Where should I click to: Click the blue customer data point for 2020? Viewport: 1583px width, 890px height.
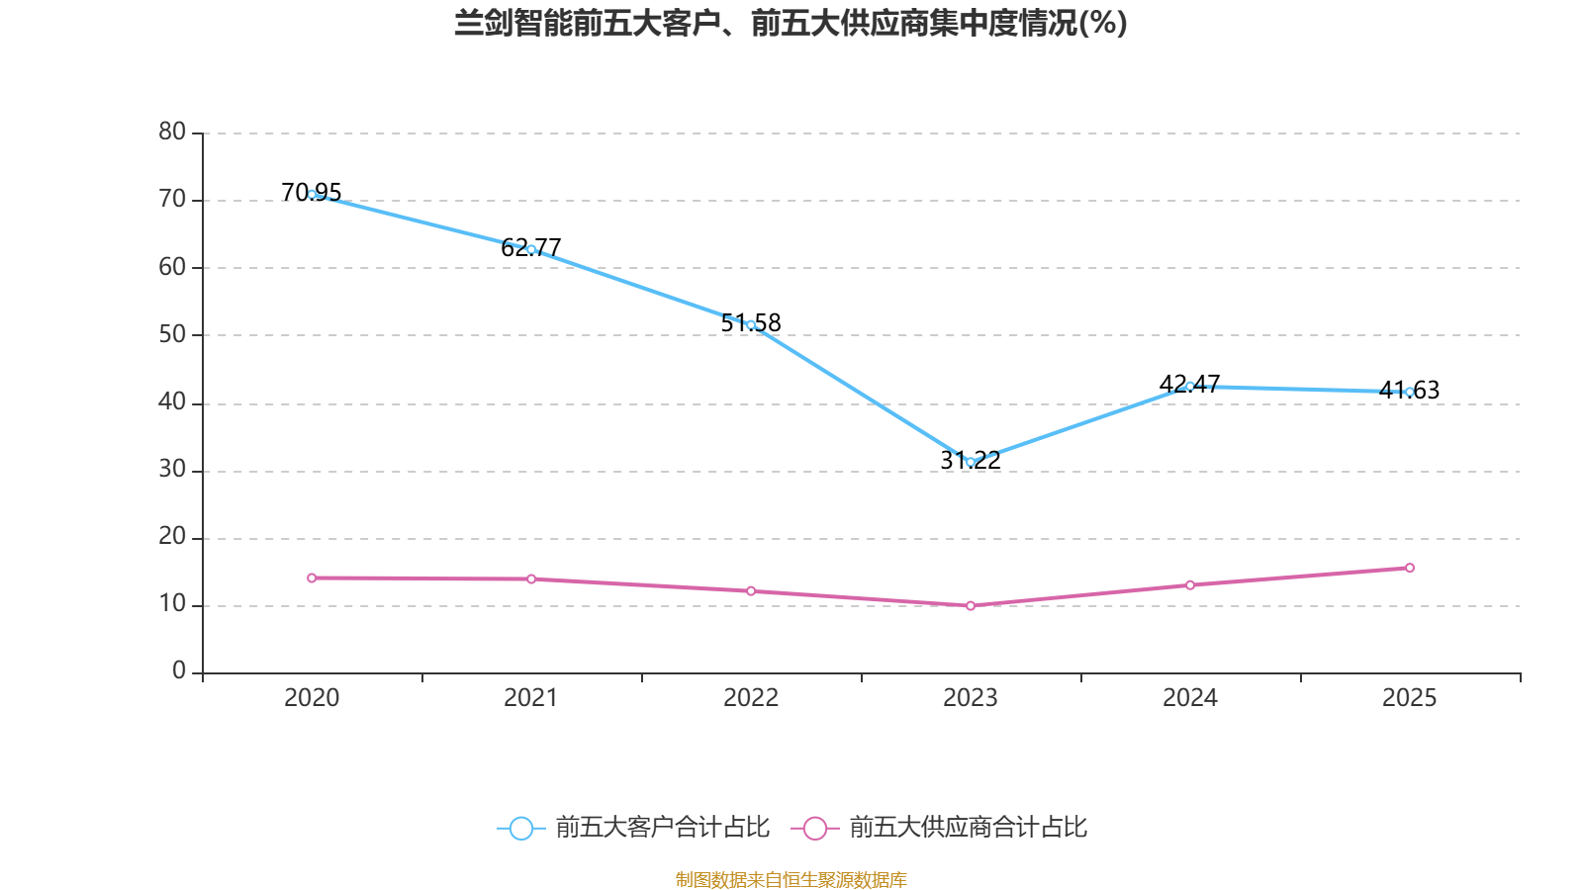312,195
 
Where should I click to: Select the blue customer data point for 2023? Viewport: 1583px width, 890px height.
971,462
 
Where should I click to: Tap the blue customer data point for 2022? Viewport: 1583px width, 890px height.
751,324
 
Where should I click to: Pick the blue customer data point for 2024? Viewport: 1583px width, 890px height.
1190,386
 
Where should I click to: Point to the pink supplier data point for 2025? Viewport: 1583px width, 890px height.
1410,568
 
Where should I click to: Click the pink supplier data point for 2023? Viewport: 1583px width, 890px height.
971,605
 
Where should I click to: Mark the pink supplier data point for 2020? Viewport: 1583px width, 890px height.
312,578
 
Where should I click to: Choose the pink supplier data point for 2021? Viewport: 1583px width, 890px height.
531,578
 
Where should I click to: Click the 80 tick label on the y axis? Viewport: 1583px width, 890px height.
172,132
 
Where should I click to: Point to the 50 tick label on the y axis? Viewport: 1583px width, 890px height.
172,334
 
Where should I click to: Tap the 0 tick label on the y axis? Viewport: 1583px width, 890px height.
179,671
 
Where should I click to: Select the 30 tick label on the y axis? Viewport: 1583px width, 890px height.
172,470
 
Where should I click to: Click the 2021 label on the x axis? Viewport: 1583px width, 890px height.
531,698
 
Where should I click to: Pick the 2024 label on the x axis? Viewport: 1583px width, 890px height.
1190,698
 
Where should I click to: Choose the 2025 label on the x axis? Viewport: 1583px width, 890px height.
1410,698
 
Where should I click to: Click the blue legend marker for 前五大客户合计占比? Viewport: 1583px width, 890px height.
520,828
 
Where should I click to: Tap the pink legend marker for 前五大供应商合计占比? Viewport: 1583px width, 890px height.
814,828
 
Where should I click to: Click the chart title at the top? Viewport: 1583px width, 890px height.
791,23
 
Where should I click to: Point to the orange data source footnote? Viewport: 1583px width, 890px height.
791,879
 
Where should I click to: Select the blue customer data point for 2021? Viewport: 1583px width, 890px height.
531,249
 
